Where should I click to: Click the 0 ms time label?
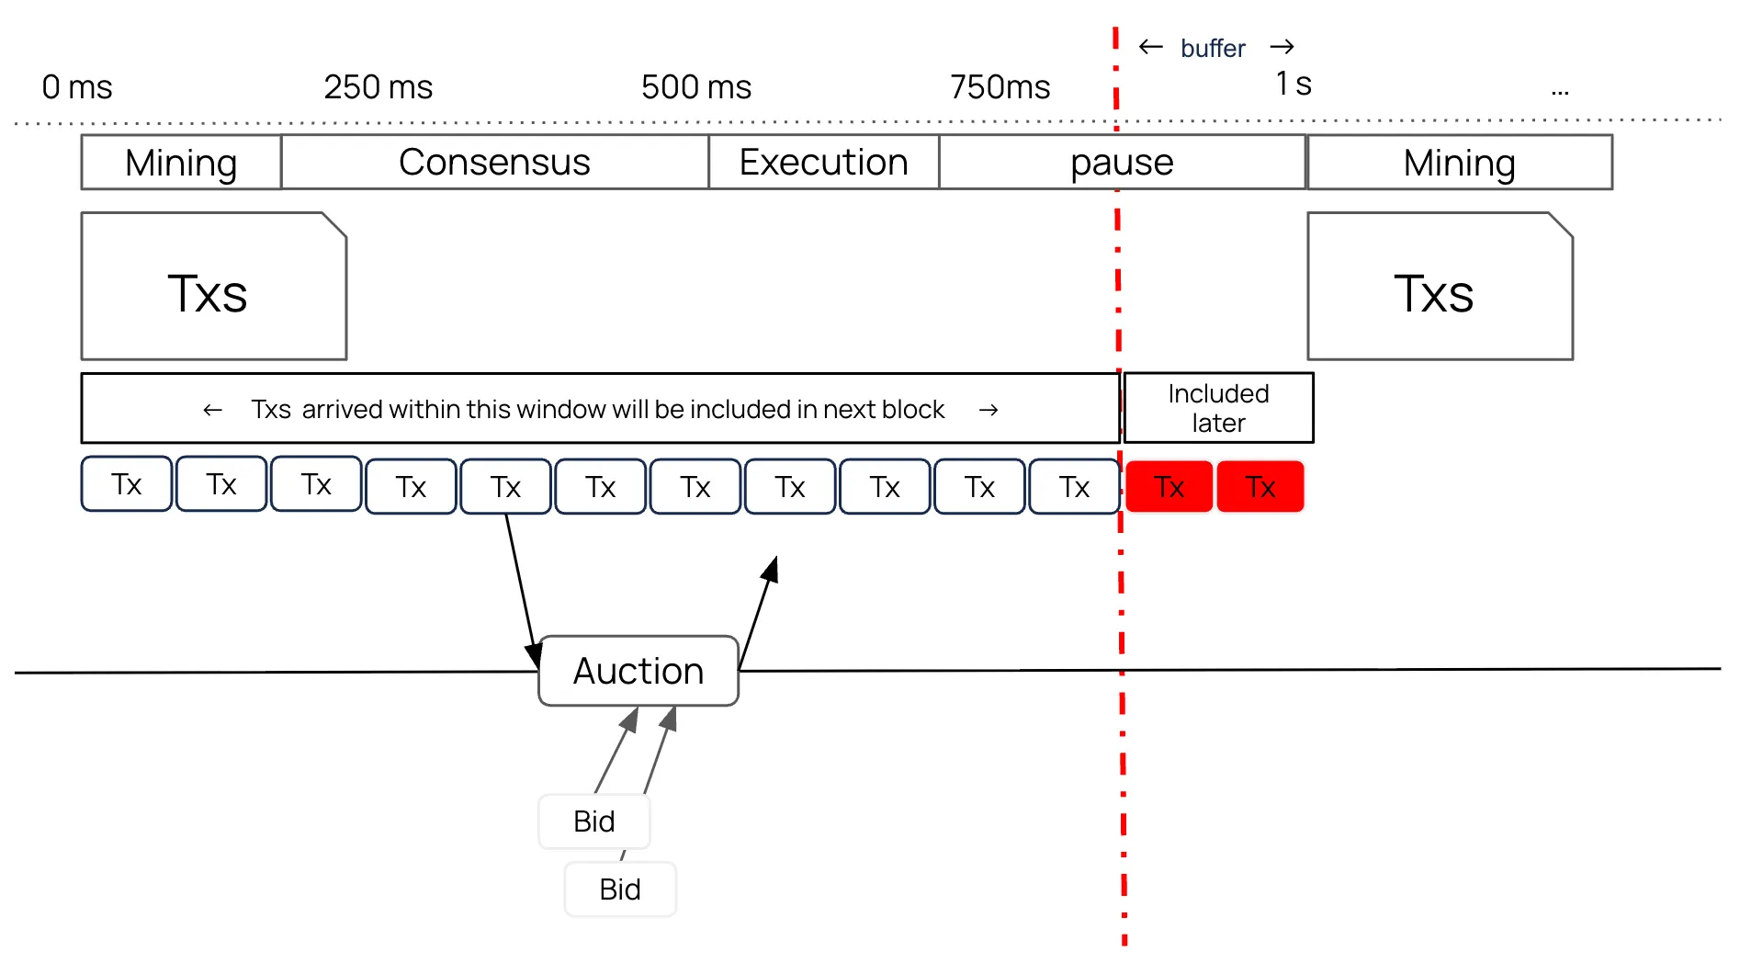click(77, 87)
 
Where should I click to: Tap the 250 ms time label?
click(378, 87)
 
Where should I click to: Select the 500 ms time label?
click(696, 87)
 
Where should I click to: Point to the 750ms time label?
click(1000, 87)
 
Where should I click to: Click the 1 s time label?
click(1293, 84)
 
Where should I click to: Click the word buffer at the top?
click(1213, 48)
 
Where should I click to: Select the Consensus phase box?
click(494, 163)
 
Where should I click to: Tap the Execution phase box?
click(823, 163)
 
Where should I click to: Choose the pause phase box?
click(1122, 163)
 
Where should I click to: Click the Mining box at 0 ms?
click(181, 163)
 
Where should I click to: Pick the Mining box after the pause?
click(1459, 163)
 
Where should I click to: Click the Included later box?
click(1218, 408)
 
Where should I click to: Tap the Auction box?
click(638, 671)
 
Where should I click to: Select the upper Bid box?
click(593, 821)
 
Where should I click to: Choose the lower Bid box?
click(620, 889)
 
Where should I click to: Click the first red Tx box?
click(1169, 486)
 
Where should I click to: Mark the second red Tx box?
click(1260, 486)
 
